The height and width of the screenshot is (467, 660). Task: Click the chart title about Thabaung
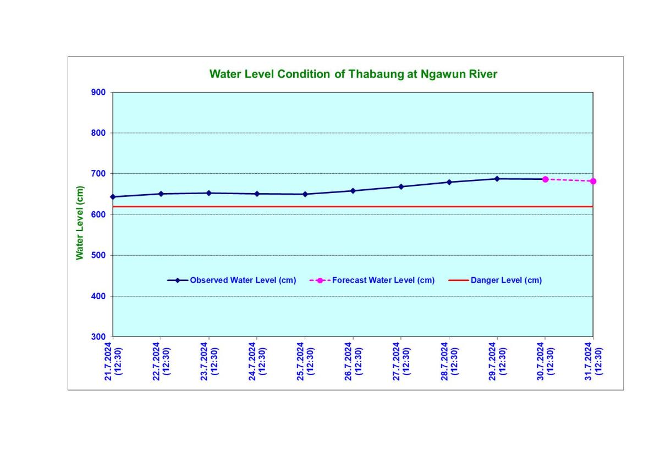point(353,74)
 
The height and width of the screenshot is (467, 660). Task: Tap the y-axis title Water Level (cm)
point(80,223)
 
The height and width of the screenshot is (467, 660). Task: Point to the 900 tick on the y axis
point(98,92)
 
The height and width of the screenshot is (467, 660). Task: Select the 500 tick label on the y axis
point(98,255)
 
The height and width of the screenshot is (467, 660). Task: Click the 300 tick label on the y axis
point(98,337)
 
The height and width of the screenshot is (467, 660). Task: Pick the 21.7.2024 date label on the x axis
point(113,361)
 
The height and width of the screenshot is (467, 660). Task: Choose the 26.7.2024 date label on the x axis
point(353,361)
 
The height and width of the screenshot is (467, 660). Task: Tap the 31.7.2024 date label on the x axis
point(593,361)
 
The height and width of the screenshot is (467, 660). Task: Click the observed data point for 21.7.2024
point(113,197)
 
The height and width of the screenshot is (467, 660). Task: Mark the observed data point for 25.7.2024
point(305,194)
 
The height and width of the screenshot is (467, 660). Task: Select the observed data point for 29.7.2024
point(497,179)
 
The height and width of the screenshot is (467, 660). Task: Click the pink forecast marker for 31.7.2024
point(593,181)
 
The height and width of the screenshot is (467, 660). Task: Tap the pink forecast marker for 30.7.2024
point(545,179)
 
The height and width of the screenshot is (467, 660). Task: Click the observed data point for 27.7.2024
point(401,186)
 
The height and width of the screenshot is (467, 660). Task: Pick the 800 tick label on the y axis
point(98,133)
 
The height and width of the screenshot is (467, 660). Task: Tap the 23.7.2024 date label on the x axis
point(209,361)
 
